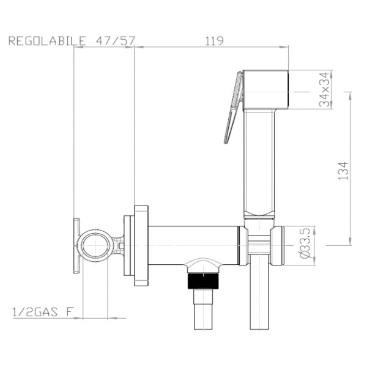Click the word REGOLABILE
tap(47, 41)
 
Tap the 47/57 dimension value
tap(116, 41)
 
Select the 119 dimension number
tap(215, 41)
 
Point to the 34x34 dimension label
tap(324, 89)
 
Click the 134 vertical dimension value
tap(343, 171)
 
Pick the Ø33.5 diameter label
tap(305, 243)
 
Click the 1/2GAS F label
tap(43, 312)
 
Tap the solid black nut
tap(204, 280)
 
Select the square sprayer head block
tap(265, 90)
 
